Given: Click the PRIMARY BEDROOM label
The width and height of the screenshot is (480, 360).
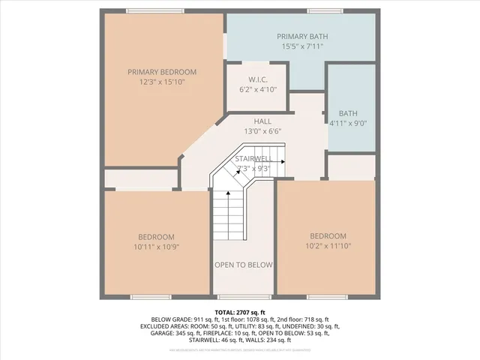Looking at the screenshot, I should coord(161,72).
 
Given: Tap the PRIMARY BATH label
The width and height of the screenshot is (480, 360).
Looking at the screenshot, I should coord(302,36).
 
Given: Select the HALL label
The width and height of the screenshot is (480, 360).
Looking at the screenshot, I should coord(262,121).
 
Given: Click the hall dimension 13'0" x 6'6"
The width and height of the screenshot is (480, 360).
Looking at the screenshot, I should coord(262,130).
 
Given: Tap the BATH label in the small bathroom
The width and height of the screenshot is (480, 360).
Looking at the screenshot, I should coord(348,114).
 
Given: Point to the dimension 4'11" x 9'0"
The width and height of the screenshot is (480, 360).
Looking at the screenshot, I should coord(348,123).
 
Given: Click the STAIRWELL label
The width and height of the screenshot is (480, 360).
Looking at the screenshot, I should coord(253,159).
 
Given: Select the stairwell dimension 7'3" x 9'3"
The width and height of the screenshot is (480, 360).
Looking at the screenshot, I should coord(253,168).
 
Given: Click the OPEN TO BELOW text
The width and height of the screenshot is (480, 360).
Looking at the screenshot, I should coord(244,265).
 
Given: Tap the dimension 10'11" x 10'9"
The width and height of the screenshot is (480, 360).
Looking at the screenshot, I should coord(156,245).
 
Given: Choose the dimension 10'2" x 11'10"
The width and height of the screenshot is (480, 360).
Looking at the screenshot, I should coord(328,245).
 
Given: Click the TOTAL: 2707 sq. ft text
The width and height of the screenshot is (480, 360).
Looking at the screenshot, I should coord(240,311).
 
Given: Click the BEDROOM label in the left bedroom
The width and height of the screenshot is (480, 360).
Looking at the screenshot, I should coord(156,236).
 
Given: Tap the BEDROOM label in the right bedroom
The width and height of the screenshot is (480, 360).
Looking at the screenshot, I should coord(328,235).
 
